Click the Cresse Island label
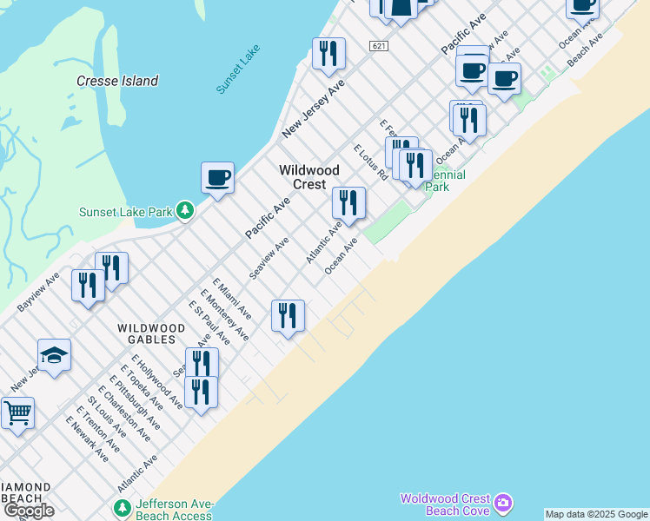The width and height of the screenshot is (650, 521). tap(117, 81)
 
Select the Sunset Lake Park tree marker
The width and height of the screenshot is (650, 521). tap(184, 210)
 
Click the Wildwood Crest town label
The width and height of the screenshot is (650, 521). tap(302, 177)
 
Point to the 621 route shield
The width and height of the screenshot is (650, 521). tap(377, 45)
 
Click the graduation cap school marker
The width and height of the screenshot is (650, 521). tap(54, 354)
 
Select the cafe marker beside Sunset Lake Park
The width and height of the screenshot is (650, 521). tap(217, 177)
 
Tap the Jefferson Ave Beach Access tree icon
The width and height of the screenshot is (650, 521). tap(123, 506)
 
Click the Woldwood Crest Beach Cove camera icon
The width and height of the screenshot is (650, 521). tap(503, 503)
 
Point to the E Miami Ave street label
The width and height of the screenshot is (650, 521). tap(232, 300)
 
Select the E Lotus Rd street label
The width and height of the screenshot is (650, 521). tap(371, 162)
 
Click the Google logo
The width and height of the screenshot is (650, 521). tap(29, 511)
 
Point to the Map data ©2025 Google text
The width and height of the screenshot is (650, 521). tap(596, 514)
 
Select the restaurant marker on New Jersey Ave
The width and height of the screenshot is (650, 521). tap(328, 54)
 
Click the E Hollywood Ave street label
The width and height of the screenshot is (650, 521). tap(157, 381)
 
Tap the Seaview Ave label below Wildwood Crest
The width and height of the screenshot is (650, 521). tap(269, 258)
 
